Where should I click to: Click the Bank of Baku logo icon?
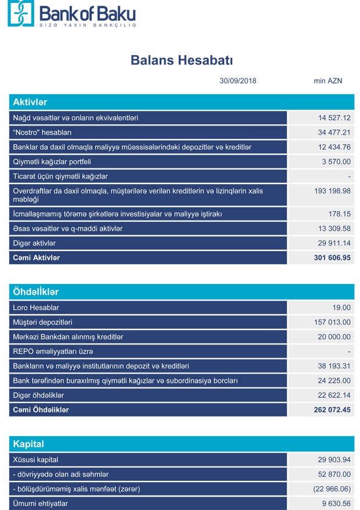21,13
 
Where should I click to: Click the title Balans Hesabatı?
182,60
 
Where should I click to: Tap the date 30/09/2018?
238,81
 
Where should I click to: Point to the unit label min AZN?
328,81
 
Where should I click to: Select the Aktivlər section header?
30,102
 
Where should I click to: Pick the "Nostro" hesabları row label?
42,132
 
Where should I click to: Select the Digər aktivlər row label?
34,243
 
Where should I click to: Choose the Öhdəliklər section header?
36,292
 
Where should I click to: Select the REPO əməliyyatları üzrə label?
53,351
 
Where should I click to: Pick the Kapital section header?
28,444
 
